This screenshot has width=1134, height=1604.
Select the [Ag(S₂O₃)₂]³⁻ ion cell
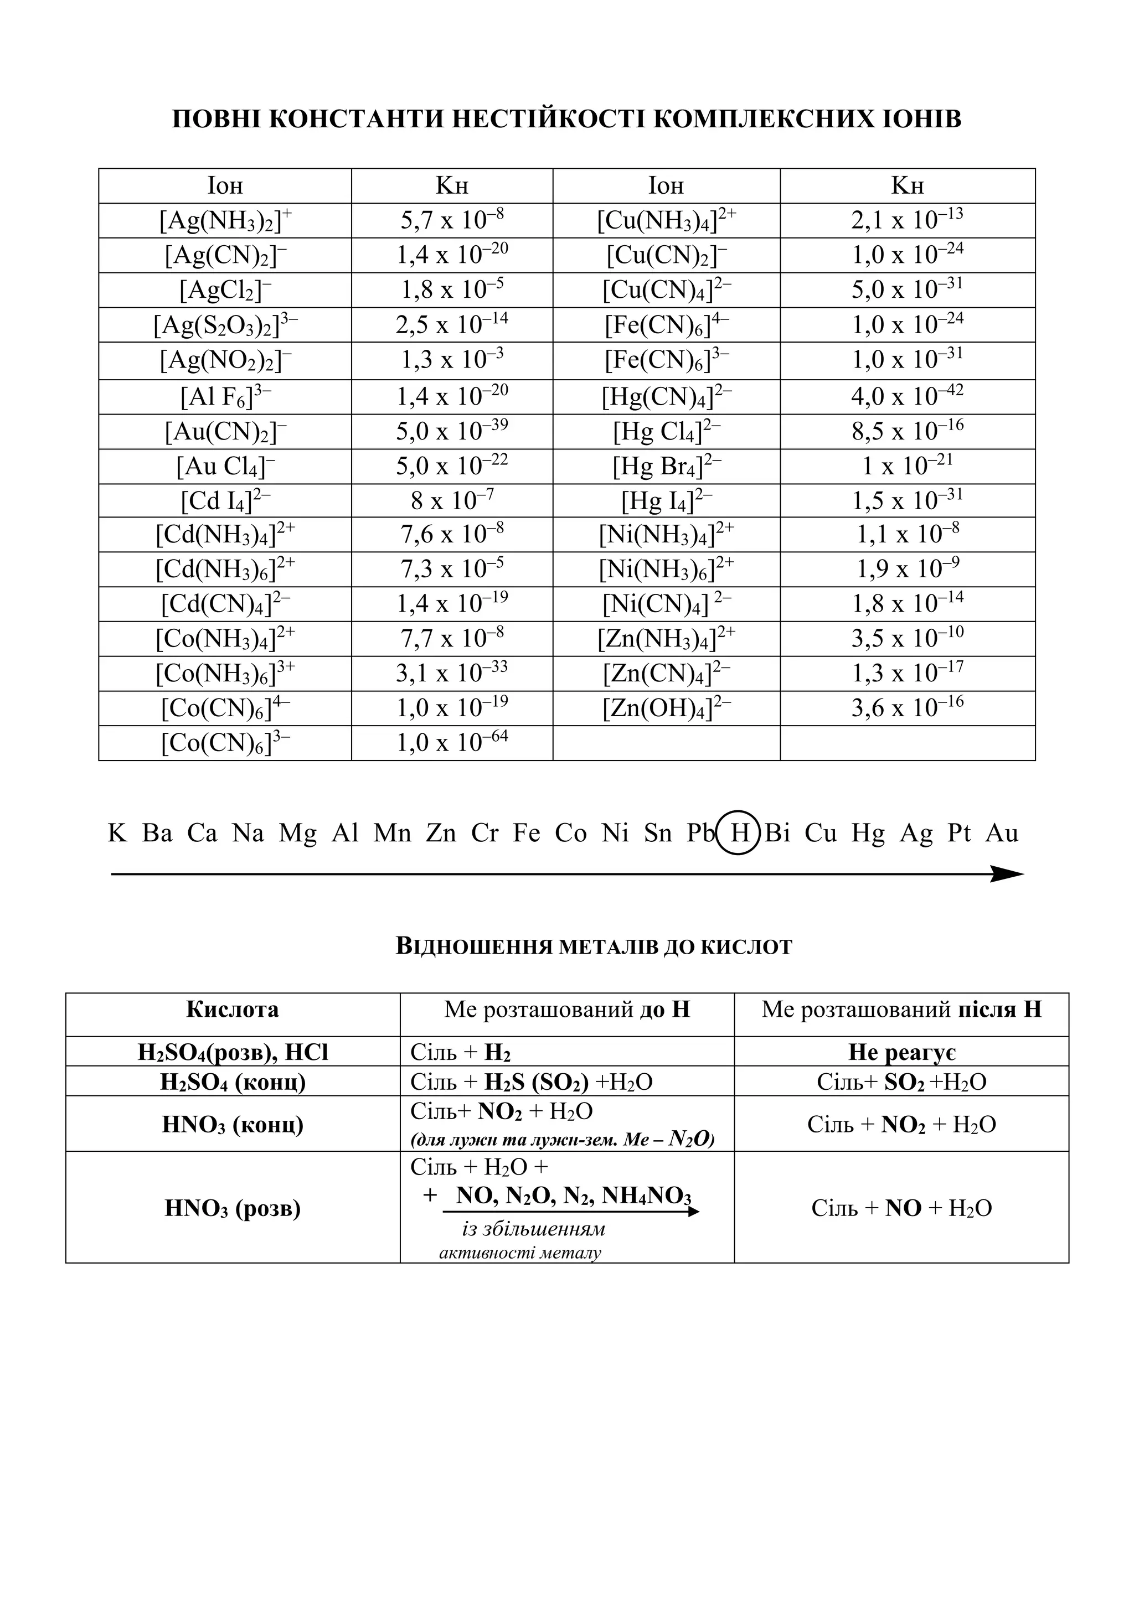coord(225,325)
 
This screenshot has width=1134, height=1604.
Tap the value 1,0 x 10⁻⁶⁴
coord(452,743)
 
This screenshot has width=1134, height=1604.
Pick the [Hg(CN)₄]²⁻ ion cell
coord(666,397)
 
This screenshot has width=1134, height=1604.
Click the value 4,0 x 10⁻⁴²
coord(907,397)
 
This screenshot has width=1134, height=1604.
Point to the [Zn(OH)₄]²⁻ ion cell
coord(666,708)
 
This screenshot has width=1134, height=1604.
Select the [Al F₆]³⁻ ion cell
coord(225,397)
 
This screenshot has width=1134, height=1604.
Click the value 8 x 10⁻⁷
coord(452,501)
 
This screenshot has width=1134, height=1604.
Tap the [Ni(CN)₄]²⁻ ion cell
coord(666,604)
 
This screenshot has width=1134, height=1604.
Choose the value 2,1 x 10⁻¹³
coord(907,221)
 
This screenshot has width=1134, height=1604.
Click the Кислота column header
coord(233,1010)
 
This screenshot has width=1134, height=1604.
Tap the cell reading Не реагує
coord(901,1052)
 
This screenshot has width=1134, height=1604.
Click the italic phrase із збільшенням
coord(534,1229)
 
